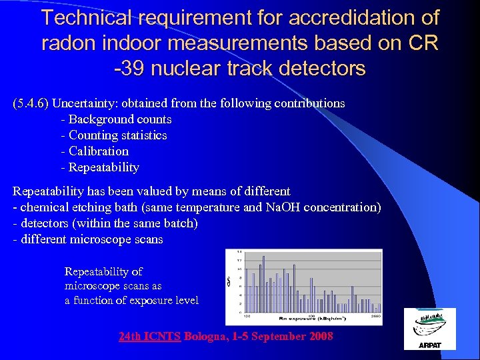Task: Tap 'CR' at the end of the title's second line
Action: pyautogui.click(x=422, y=43)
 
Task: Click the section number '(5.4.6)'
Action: pyautogui.click(x=31, y=103)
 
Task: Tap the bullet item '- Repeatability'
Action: pyautogui.click(x=100, y=167)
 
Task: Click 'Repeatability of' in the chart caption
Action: pyautogui.click(x=103, y=271)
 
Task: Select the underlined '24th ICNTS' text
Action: pyautogui.click(x=150, y=336)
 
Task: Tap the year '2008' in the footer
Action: pyautogui.click(x=321, y=336)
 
